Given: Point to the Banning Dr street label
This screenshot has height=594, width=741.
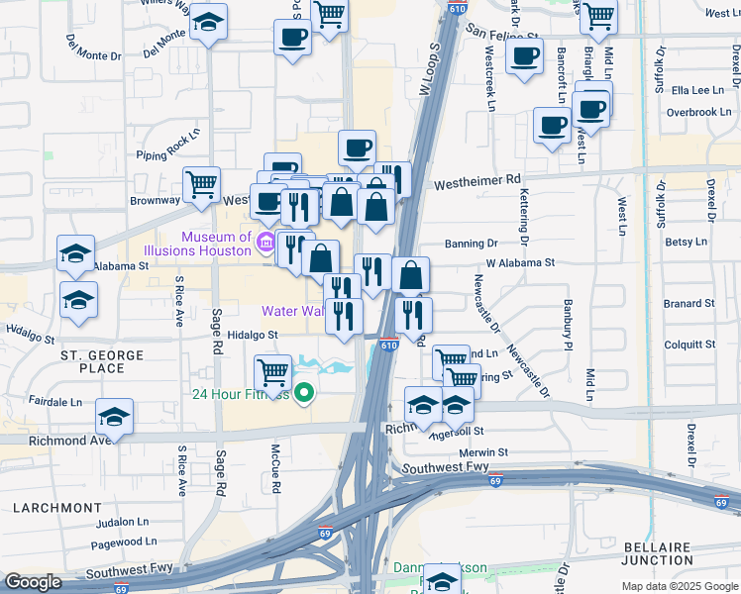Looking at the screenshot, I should click(471, 243).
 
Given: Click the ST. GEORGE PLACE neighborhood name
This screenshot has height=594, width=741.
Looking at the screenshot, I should click(92, 361).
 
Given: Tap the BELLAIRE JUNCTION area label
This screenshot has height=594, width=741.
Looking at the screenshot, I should click(673, 553).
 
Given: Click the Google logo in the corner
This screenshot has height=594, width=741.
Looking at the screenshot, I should click(33, 582).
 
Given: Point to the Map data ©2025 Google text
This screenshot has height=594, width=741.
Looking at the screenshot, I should click(679, 586).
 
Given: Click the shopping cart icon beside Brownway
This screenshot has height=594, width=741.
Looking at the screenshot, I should click(201, 184).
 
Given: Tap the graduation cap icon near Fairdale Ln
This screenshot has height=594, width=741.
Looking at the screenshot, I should click(114, 416).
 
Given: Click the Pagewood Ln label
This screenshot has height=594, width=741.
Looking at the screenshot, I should click(116, 543).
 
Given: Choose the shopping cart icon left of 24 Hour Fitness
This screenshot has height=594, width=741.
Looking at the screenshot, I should click(272, 373).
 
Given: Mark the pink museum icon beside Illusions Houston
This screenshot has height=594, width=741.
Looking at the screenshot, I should click(265, 243).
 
